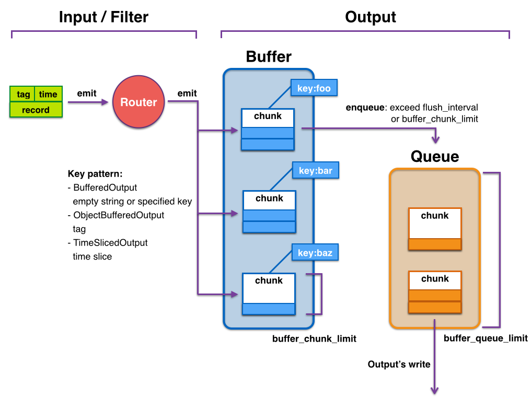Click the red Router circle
coord(138,102)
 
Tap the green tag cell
coord(23,94)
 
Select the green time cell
coord(48,94)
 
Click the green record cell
coord(36,110)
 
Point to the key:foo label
coord(314,88)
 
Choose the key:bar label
coord(315,170)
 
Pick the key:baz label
coord(315,253)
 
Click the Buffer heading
coord(269,57)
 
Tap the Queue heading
coord(434,156)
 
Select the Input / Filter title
coord(103,17)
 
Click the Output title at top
coord(371,17)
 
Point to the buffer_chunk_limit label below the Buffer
coord(314,338)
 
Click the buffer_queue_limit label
coord(486,338)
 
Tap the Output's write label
coord(399,364)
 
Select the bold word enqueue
coord(365,108)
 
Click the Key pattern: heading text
coord(95,174)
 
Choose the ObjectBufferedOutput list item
coord(119,215)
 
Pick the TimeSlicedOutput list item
coord(110,243)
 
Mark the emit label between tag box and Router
coord(87,93)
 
